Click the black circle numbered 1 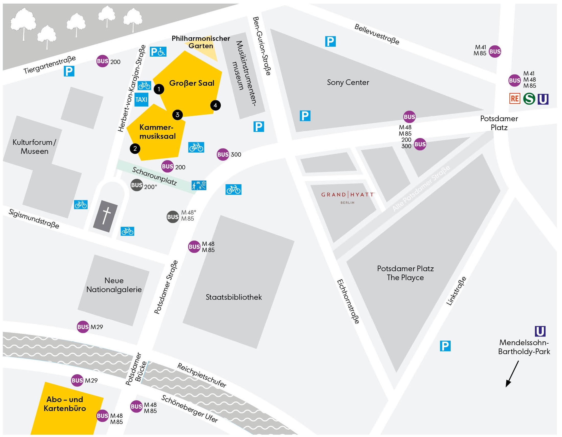click(x=159, y=89)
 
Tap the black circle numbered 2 click(x=135, y=148)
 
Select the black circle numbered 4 click(x=216, y=105)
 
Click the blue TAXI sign click(x=141, y=99)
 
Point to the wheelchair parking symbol click(x=158, y=52)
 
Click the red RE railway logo click(x=515, y=99)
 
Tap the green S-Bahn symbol click(x=529, y=99)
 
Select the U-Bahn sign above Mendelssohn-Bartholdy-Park click(x=540, y=331)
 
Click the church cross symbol click(x=105, y=216)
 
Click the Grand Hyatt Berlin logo click(x=348, y=197)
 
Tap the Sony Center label click(x=348, y=82)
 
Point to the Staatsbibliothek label click(x=234, y=297)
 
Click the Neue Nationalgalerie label click(x=114, y=285)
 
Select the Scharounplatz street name click(x=154, y=176)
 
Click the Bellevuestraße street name click(x=377, y=34)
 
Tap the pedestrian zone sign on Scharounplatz click(x=199, y=185)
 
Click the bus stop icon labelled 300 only click(x=223, y=155)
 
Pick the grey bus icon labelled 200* click(x=137, y=185)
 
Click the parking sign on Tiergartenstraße click(x=69, y=71)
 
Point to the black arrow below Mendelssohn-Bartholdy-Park click(x=512, y=374)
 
